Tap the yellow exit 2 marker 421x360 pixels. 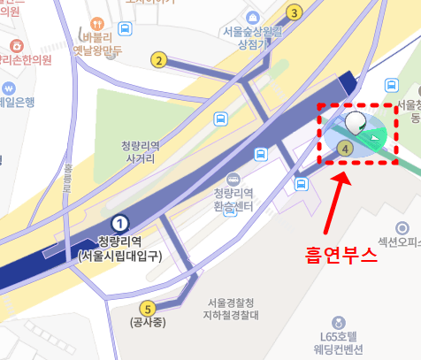tap(159, 60)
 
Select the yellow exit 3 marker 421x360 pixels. tap(295, 12)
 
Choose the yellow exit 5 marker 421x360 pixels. tap(148, 309)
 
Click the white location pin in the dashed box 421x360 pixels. tap(356, 123)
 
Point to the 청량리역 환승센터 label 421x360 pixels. tap(233, 200)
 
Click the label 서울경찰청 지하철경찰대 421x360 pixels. tap(234, 309)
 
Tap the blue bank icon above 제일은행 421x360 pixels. tap(8, 88)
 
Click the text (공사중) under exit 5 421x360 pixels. tap(148, 322)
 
